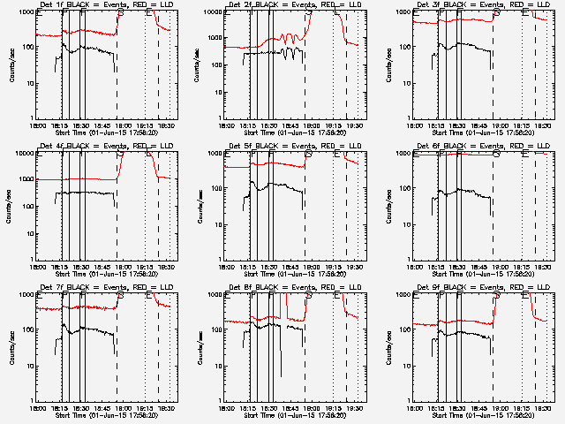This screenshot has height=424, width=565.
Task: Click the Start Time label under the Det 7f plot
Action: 106,415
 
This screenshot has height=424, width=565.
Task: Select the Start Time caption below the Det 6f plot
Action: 484,274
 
